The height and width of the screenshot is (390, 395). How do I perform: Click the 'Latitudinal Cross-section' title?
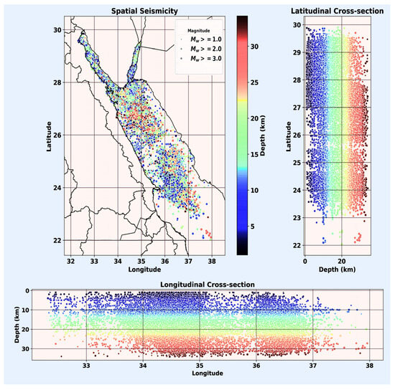pyautogui.click(x=341, y=10)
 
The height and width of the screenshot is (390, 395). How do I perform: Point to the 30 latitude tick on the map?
pyautogui.click(x=57, y=29)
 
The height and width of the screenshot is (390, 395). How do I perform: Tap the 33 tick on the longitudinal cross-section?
pyautogui.click(x=87, y=365)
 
